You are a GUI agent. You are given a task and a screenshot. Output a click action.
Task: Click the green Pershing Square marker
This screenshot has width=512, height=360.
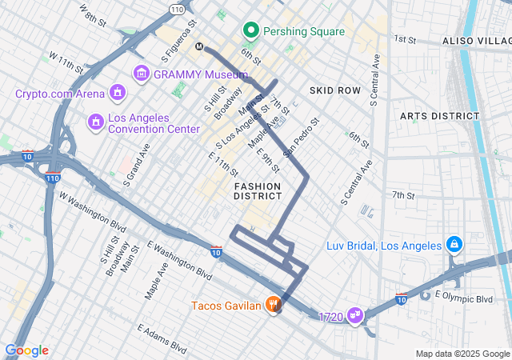pos(251,31)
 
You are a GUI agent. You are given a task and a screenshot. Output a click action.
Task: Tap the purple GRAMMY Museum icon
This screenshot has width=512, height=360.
pos(142,74)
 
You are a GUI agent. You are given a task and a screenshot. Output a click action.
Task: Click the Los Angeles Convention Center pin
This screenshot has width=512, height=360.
pos(94,121)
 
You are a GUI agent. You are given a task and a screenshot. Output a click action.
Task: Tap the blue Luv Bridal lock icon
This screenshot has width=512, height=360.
pos(454,243)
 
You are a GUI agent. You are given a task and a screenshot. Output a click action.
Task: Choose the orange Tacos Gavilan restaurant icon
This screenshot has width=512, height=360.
pos(274,305)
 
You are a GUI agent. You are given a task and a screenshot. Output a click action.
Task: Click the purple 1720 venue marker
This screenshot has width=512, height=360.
pos(355,317)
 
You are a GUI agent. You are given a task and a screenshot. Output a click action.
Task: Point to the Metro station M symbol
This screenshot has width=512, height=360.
pos(200,46)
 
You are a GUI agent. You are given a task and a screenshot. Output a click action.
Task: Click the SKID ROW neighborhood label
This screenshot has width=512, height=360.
pos(338,90)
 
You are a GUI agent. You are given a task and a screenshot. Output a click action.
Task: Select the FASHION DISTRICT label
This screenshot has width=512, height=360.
pos(258,190)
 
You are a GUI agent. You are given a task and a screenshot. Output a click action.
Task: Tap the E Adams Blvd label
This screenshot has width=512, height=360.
pos(162,339)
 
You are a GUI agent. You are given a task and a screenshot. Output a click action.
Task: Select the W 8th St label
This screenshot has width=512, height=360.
pos(93,15)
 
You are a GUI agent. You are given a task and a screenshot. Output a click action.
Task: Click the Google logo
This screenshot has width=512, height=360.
pos(26,350)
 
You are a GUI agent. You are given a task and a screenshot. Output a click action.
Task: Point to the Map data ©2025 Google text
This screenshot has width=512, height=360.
pos(462,354)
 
